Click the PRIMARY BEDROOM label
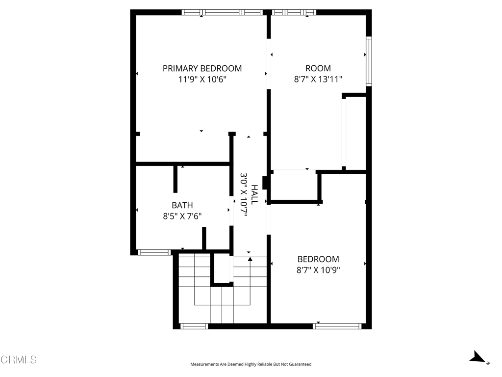[202, 68]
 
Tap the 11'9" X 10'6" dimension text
[202, 79]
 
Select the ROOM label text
[318, 68]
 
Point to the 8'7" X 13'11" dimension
[318, 79]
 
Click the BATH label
[182, 205]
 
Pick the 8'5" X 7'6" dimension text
[182, 216]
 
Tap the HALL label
[254, 194]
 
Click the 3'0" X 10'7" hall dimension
[244, 194]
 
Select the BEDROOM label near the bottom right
[318, 259]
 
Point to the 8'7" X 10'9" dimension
[318, 270]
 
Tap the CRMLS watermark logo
[19, 360]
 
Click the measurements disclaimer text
[251, 364]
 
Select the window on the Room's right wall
[369, 61]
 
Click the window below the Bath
[154, 252]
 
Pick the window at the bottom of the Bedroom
[337, 326]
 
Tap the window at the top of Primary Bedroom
[222, 12]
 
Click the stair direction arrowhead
[250, 259]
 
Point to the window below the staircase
[194, 326]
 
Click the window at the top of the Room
[294, 12]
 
